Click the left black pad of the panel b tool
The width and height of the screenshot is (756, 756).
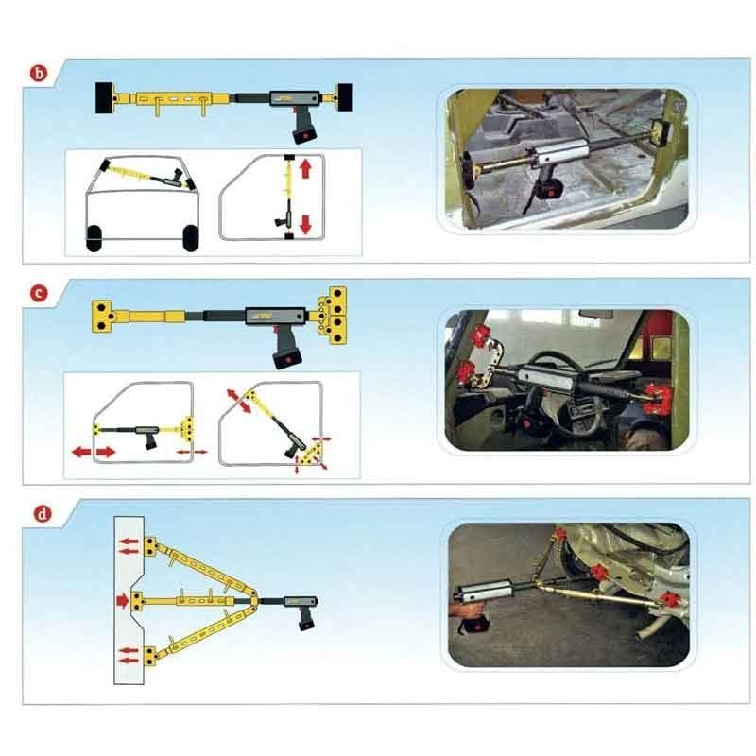click(x=101, y=98)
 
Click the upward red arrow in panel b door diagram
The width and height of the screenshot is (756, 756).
click(x=304, y=171)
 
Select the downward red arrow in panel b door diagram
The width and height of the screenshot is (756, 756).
click(x=304, y=224)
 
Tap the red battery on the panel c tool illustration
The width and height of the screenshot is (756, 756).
click(x=286, y=357)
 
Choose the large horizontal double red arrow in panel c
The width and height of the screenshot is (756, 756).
click(x=94, y=453)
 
